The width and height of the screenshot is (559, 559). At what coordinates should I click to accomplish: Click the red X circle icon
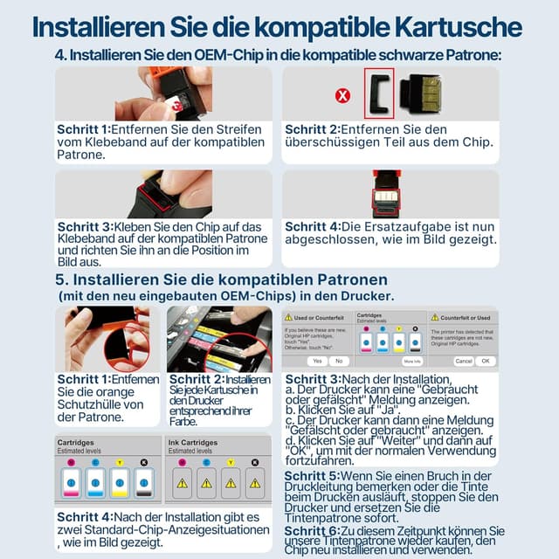coord(343,94)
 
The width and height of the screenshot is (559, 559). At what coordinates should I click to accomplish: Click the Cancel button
coord(464,361)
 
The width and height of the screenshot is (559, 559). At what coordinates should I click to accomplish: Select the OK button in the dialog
coord(486,361)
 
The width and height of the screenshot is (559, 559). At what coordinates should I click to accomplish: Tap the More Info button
coord(412,361)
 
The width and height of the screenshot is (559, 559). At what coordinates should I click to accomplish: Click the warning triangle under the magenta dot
coord(183,482)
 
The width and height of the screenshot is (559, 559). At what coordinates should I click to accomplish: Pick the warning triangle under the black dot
coord(254,482)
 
